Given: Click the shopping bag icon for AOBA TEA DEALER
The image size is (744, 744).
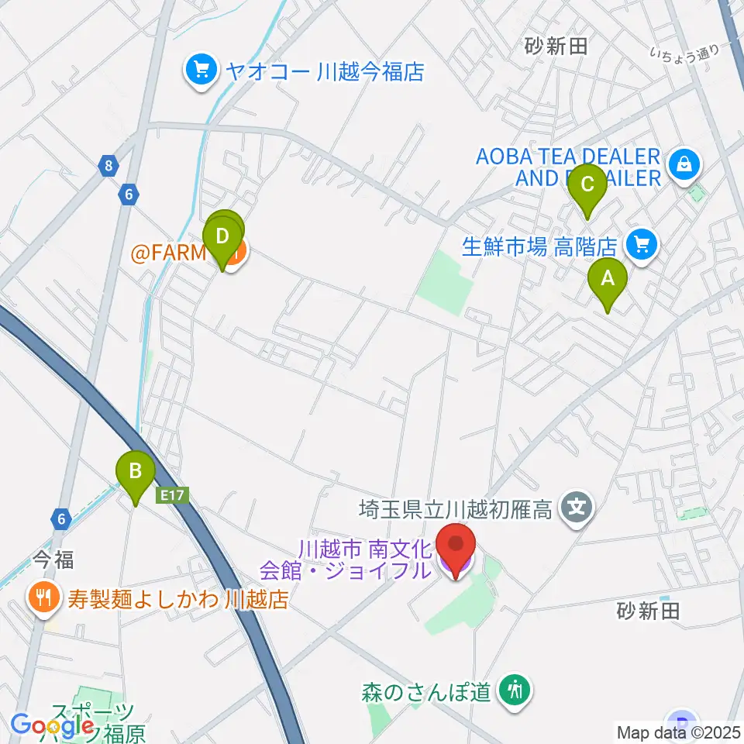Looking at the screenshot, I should (686, 164).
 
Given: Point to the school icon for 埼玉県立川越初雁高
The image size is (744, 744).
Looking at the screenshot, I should (578, 509).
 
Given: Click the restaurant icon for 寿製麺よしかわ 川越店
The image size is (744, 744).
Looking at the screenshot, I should (40, 597).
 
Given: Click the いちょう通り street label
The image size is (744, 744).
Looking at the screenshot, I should (684, 52).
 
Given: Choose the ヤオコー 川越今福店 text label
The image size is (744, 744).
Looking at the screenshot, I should (325, 72).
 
